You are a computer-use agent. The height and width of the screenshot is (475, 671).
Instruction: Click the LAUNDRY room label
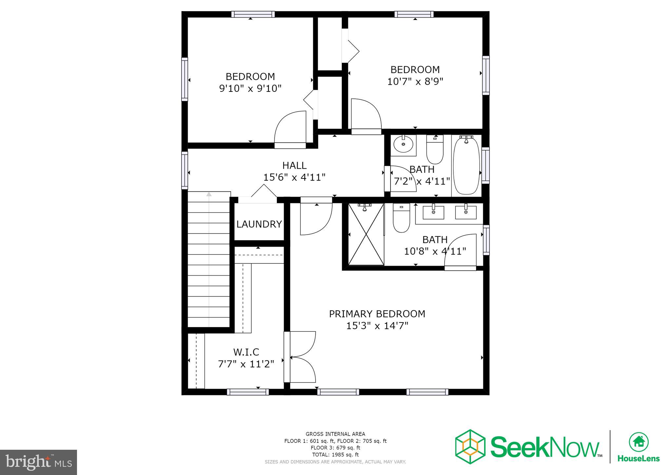259,224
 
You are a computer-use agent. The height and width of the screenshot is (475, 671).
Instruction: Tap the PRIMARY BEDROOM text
377,314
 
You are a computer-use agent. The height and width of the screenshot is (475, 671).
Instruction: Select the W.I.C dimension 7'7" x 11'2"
246,364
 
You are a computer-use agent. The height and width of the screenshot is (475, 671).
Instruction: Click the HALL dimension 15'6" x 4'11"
294,177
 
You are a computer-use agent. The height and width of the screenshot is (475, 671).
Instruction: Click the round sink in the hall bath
403,144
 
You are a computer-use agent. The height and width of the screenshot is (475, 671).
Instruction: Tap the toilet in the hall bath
434,151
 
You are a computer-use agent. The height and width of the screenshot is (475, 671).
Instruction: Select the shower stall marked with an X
366,234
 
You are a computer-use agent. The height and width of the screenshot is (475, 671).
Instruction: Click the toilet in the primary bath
401,219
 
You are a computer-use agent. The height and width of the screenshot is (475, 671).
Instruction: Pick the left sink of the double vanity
433,213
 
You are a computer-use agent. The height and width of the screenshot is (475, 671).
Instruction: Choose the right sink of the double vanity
466,213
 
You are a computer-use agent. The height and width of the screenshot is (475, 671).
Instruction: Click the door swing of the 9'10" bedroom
290,128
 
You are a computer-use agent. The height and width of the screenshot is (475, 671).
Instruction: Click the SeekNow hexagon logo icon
470,446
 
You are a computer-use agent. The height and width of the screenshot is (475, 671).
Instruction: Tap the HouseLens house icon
638,442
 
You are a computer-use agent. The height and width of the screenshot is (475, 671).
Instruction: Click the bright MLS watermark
39,462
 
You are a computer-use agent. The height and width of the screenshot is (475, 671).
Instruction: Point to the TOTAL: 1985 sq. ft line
335,455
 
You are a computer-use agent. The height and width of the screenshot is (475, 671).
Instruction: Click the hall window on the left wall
185,170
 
